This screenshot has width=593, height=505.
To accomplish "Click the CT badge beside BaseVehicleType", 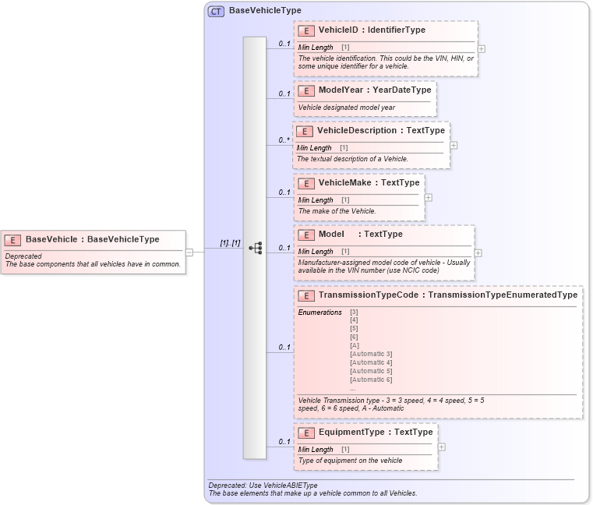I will pos(216,11).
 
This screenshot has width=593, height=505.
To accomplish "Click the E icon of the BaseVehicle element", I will pos(13,240).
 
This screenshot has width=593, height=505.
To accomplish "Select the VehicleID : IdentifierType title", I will pos(372,30).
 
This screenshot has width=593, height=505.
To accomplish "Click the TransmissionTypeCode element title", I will pos(448,295).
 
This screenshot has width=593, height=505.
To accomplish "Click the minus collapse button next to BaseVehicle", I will pos(189,252).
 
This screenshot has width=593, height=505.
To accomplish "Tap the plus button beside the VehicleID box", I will pos(482,48).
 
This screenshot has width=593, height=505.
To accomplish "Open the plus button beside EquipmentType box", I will pos(442,447).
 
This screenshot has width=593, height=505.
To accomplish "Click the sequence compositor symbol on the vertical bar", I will pos(255,248).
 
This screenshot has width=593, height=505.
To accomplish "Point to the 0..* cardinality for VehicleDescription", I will pos(284,140).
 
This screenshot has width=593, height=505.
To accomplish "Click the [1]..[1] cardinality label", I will pos(230,243).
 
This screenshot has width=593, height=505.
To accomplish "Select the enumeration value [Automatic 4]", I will pos(371,362).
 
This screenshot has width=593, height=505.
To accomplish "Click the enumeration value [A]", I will pos(355,345).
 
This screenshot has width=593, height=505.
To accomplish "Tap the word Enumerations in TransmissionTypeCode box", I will pos(319,313).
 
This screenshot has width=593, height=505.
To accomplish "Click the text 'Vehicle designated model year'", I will pos(346,108).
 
